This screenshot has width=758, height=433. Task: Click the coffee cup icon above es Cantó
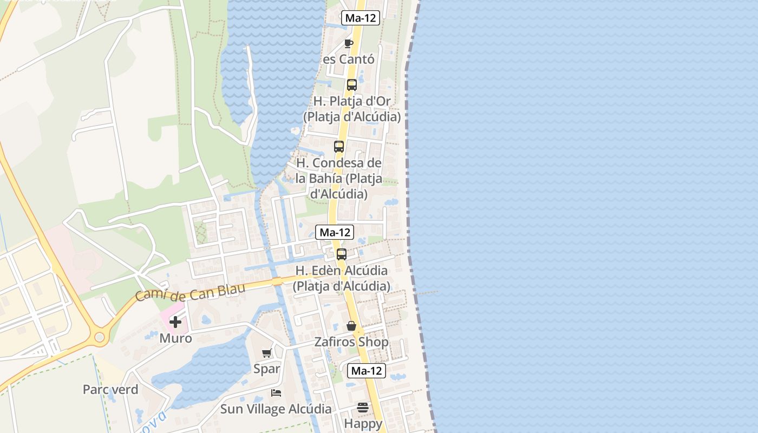tap(349, 43)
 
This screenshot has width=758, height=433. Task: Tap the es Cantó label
tap(349, 59)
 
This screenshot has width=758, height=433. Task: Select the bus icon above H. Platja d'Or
tap(352, 85)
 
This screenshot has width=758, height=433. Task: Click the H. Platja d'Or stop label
tap(352, 109)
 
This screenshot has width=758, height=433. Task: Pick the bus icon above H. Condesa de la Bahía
tap(339, 147)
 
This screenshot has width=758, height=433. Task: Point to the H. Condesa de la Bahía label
tap(339, 178)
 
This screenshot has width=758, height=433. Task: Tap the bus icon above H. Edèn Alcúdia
tap(342, 254)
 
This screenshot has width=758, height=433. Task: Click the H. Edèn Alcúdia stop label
tap(342, 278)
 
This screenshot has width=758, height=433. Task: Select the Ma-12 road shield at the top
tap(361, 18)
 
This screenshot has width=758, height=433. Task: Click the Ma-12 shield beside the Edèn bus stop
tap(335, 233)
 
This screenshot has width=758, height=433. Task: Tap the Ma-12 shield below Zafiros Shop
tap(367, 371)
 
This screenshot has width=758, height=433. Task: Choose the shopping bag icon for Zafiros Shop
tap(351, 326)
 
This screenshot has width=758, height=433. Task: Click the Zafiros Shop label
tap(351, 342)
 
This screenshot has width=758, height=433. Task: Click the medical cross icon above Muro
tap(175, 323)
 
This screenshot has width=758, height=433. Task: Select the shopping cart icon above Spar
tap(266, 353)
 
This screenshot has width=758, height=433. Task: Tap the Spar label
tap(267, 369)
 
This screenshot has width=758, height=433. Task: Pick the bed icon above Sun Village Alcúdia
tap(276, 393)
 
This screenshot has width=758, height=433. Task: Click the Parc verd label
tap(110, 389)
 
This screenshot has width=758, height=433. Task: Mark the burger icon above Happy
tap(363, 408)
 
